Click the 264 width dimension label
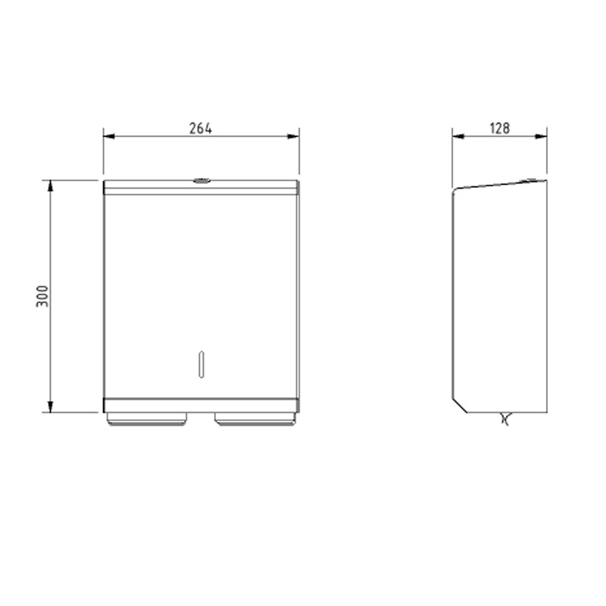[201, 128]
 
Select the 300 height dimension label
[42, 296]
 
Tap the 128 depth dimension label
[500, 128]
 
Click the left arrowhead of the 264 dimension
[109, 136]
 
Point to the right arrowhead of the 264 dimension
[293, 136]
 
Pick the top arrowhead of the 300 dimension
[50, 186]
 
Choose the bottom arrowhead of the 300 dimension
[50, 407]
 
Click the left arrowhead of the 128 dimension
[458, 136]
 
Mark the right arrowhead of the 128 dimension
[541, 136]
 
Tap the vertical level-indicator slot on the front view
[201, 364]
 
